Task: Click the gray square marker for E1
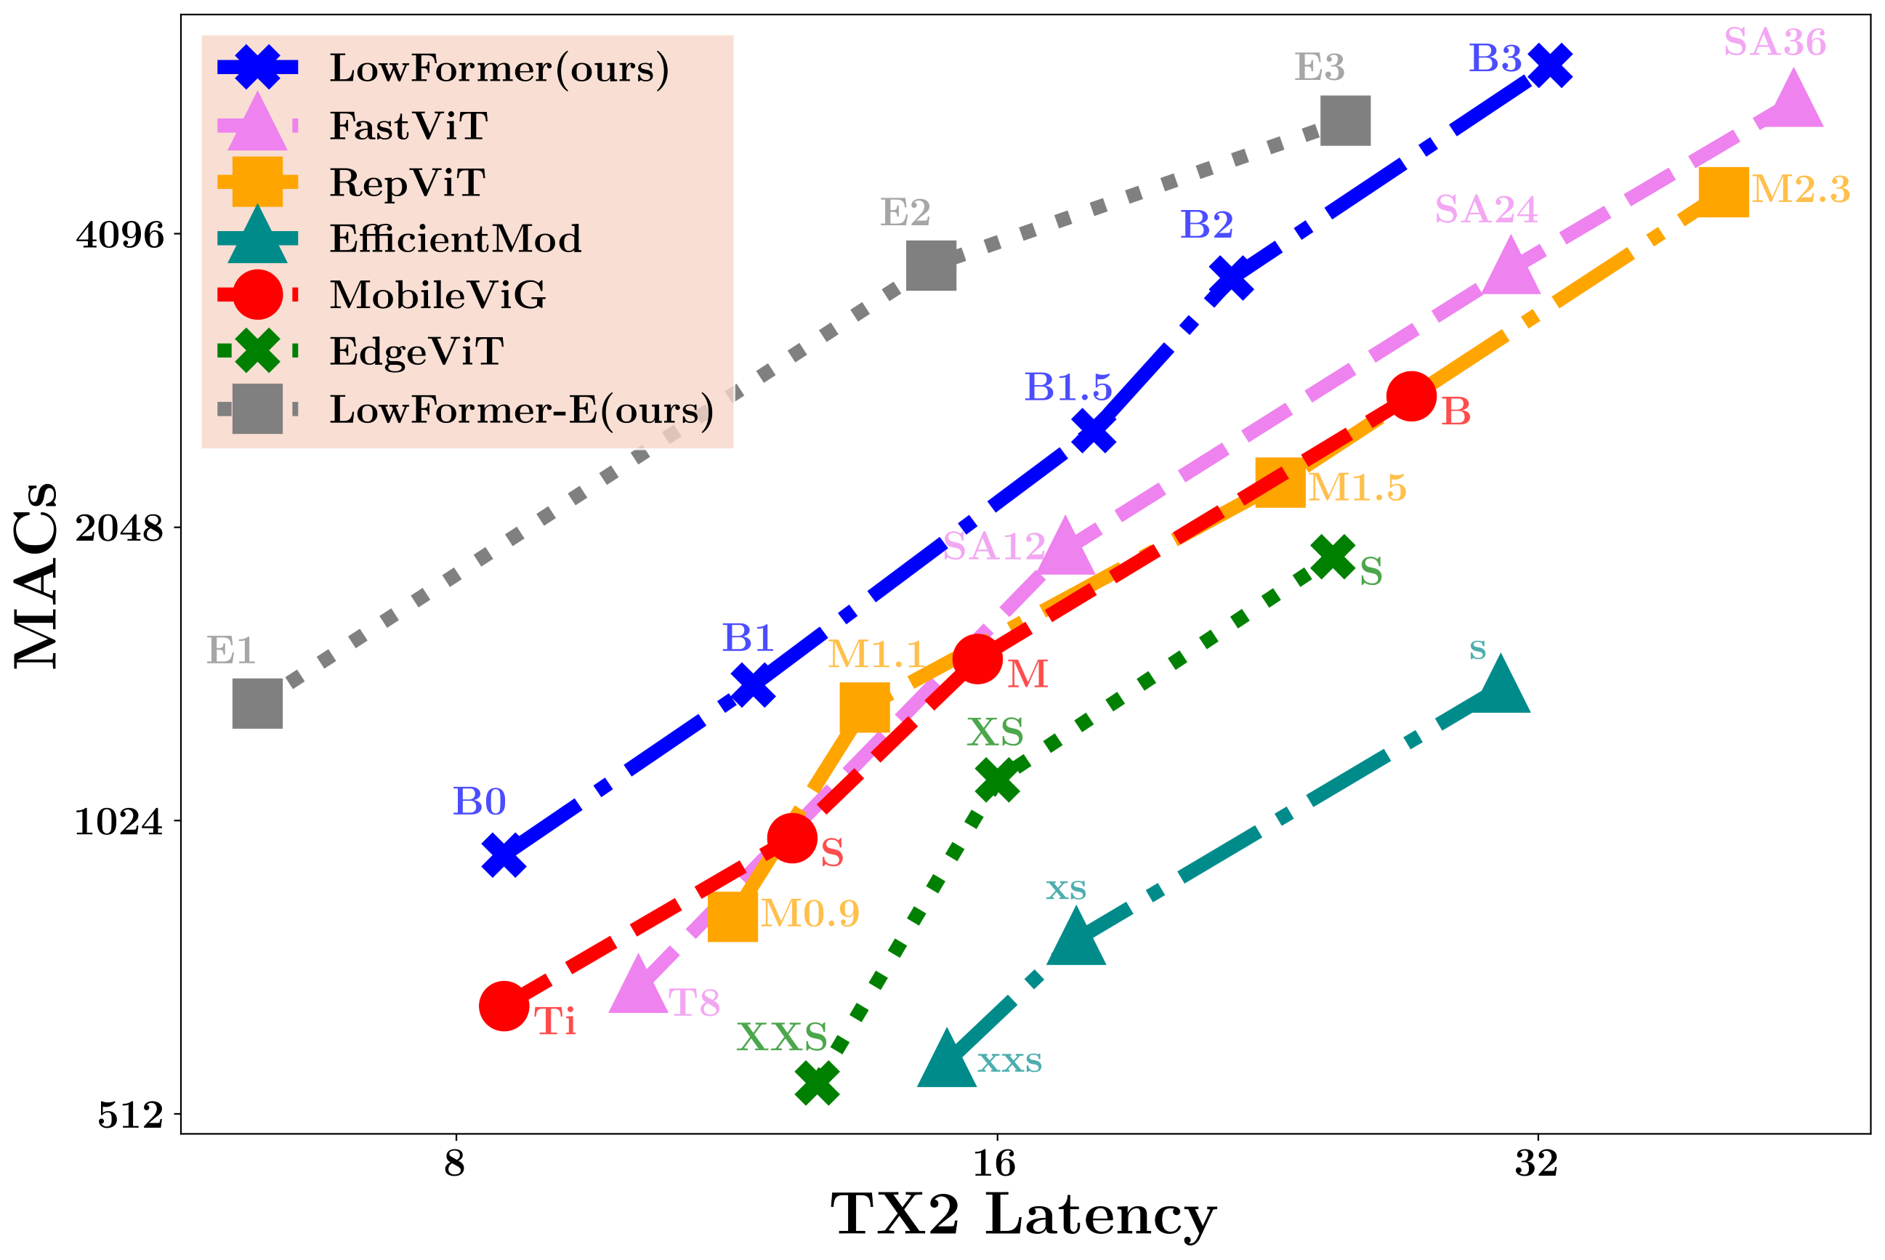click(x=257, y=703)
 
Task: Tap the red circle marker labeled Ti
click(x=504, y=1005)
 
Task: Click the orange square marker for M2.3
click(x=1724, y=191)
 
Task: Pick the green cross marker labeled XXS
click(x=818, y=1083)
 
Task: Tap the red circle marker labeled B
click(x=1411, y=395)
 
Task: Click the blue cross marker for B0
click(x=504, y=855)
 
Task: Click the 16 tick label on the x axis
click(x=995, y=1163)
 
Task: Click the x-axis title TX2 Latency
click(x=1023, y=1215)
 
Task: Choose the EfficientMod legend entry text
click(x=456, y=238)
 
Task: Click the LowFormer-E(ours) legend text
click(x=522, y=410)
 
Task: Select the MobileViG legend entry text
click(x=438, y=295)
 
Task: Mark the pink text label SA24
click(x=1485, y=210)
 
